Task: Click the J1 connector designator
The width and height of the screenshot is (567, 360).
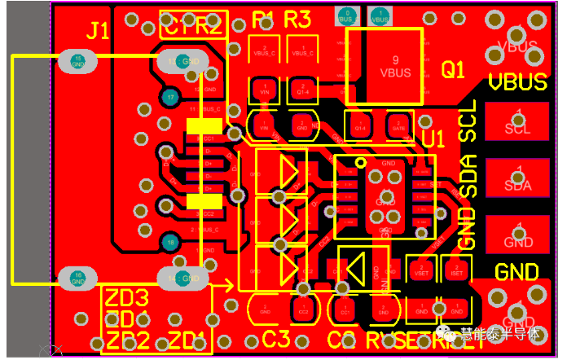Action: click(x=98, y=31)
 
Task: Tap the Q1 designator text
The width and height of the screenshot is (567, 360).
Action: click(x=453, y=71)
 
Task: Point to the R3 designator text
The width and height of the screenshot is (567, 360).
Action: click(x=297, y=19)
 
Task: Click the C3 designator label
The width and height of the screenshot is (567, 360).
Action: click(x=276, y=338)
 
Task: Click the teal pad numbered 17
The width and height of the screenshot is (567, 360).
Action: click(x=169, y=98)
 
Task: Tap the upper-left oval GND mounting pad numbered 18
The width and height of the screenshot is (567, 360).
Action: click(x=78, y=60)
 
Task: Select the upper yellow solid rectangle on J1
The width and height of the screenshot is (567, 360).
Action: click(x=204, y=125)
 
